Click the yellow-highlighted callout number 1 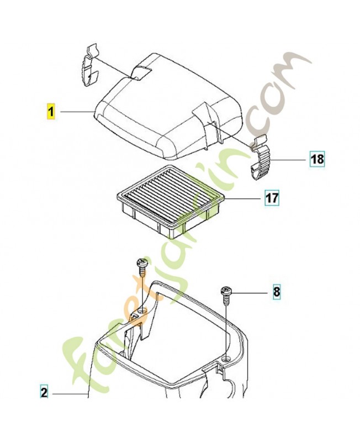tap(51, 112)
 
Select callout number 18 tap(317, 159)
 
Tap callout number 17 tap(272, 198)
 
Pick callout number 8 tap(277, 292)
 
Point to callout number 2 tap(44, 393)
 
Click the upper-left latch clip tap(92, 65)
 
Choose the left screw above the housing tap(142, 268)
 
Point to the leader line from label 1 tap(77, 112)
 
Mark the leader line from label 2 tap(70, 394)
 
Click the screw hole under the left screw tap(143, 311)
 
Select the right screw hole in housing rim tap(226, 359)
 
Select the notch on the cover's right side tap(207, 118)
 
